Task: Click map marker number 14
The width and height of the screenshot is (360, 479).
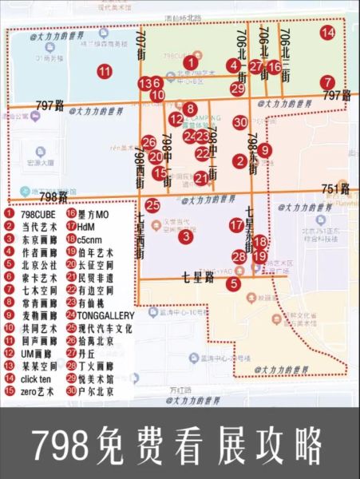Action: pyautogui.click(x=327, y=33)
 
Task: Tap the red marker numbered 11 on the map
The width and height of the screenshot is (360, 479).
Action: pyautogui.click(x=104, y=71)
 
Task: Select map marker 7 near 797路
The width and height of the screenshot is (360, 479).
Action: pyautogui.click(x=327, y=82)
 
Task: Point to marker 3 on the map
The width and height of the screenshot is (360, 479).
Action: pyautogui.click(x=185, y=236)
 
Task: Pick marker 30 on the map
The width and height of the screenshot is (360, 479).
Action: pyautogui.click(x=240, y=122)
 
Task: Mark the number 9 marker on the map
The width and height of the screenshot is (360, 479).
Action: pyautogui.click(x=265, y=149)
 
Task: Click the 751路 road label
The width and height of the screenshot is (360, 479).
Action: pyautogui.click(x=335, y=189)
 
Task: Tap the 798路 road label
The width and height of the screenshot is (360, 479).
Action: pyautogui.click(x=53, y=196)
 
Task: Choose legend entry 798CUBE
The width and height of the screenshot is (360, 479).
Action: pyautogui.click(x=32, y=214)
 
